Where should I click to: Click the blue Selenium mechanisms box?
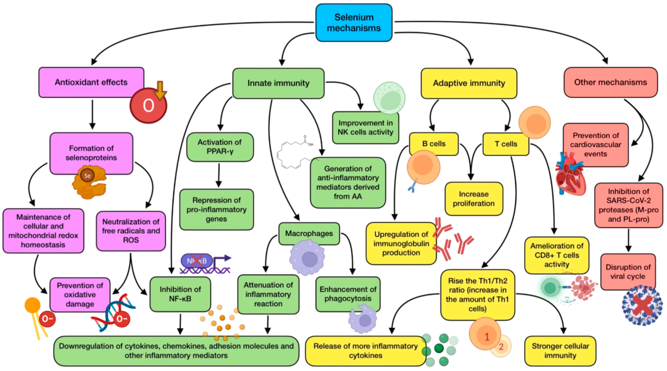pos(354,23)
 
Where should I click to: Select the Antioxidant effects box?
pos(91,82)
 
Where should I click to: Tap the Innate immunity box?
pos(278,83)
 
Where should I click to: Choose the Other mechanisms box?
pos(610,82)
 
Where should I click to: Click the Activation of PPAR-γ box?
pos(220,147)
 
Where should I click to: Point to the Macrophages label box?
pos(309,233)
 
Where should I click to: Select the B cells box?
pos(434,144)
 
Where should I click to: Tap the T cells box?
pos(506,144)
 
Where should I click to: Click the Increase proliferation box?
pos(474,199)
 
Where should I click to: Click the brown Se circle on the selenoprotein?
pos(87,176)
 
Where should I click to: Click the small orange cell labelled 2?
pos(501,347)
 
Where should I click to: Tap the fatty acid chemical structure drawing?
pos(295,153)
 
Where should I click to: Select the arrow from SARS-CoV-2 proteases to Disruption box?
pos(628,240)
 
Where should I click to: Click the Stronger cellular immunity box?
pos(560,351)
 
